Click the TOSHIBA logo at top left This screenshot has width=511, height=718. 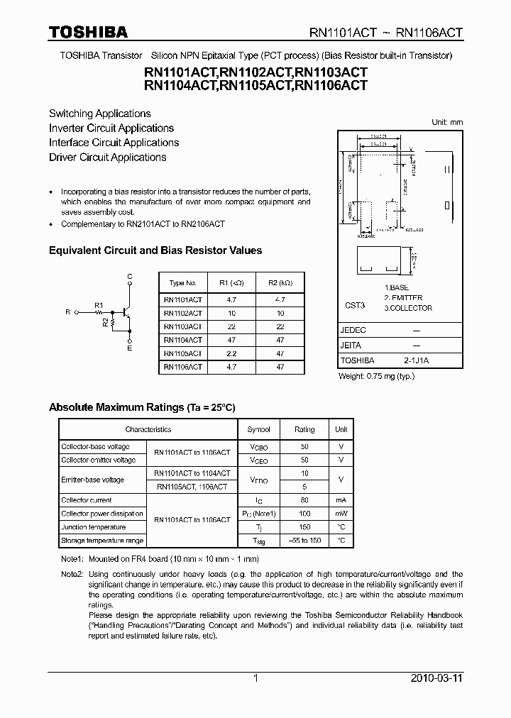[88, 32]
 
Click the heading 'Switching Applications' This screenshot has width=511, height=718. [100, 114]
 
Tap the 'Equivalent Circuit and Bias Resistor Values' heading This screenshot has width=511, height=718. [155, 250]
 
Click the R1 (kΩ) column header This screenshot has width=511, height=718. [230, 282]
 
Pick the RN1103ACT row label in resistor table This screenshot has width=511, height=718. [182, 326]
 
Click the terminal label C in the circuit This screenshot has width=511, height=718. [129, 275]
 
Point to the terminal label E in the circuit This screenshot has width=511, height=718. [129, 348]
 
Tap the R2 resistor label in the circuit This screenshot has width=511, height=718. [106, 323]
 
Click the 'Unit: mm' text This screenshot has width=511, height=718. [447, 122]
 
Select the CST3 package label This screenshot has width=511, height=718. [354, 305]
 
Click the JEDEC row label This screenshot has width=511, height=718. [353, 331]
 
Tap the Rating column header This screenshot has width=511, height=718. [304, 430]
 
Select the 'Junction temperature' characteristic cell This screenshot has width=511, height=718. [93, 527]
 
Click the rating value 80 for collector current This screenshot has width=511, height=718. [304, 500]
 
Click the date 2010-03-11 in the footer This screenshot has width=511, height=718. [436, 679]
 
